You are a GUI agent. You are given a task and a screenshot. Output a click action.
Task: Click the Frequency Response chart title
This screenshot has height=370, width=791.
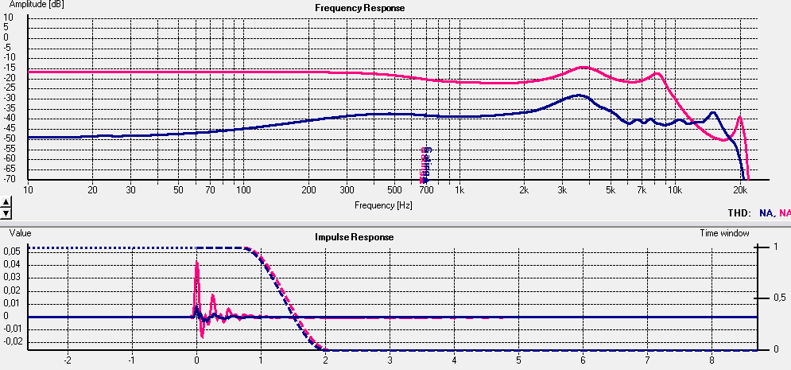(359, 8)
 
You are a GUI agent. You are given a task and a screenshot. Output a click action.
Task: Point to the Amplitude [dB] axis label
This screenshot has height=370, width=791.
(36, 5)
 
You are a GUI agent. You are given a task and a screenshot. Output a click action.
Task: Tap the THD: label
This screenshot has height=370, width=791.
(739, 212)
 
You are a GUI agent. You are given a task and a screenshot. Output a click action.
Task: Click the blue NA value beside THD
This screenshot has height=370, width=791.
(766, 212)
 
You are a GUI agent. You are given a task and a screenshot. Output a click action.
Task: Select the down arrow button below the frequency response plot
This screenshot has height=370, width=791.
(6, 213)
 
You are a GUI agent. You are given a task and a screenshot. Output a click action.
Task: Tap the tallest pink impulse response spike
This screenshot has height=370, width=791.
(196, 262)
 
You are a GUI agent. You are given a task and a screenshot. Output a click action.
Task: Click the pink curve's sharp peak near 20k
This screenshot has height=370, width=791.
(740, 117)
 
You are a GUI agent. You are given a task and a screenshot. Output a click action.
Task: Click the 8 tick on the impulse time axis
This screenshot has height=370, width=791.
(647, 359)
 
